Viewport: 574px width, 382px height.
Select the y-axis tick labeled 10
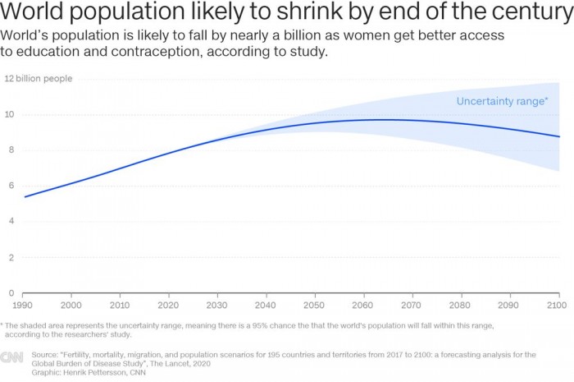10,114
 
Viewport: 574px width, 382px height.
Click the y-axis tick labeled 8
10,150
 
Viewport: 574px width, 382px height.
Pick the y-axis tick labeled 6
10,186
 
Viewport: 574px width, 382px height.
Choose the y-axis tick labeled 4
10,222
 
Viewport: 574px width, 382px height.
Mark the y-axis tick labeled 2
10,257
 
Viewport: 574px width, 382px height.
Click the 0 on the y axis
10,293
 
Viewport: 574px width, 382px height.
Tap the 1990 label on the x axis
23,306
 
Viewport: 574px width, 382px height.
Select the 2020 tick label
168,306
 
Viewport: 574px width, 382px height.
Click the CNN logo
11,357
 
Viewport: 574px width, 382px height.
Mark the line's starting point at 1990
24,197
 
